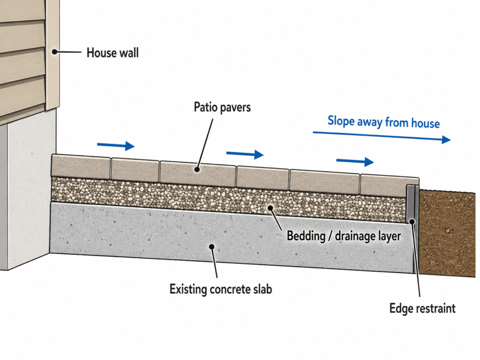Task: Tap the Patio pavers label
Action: (222, 107)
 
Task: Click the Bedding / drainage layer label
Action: (344, 236)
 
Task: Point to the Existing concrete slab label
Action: (221, 289)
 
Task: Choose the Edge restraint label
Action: (422, 308)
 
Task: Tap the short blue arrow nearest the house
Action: (115, 146)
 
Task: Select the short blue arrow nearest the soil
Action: (355, 162)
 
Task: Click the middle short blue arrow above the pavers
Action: (245, 154)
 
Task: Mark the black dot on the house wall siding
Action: (54, 52)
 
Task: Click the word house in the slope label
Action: (425, 123)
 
